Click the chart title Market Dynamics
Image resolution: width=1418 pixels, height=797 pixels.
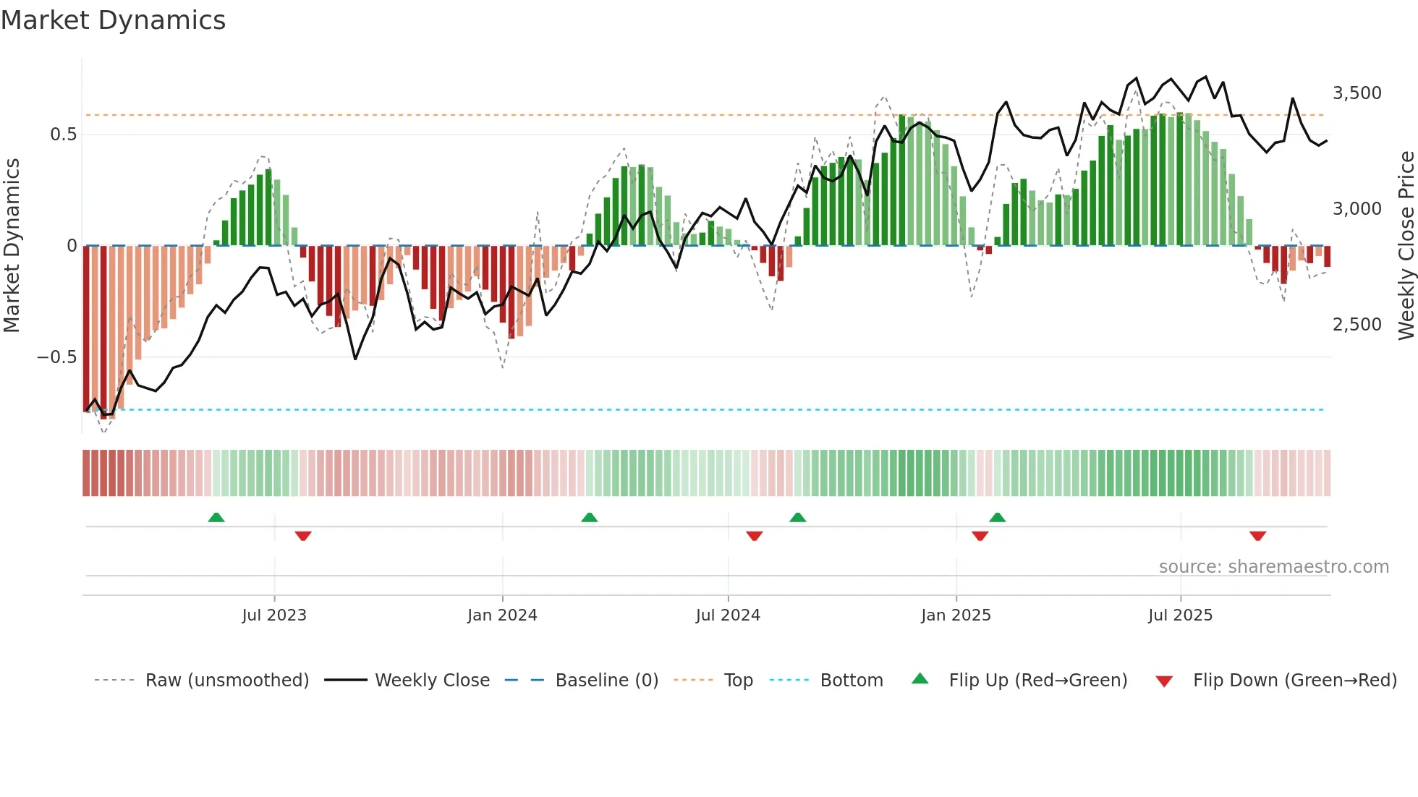(x=113, y=20)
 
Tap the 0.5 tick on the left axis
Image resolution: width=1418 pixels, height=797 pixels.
(x=63, y=135)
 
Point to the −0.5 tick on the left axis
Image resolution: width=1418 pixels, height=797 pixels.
(x=56, y=357)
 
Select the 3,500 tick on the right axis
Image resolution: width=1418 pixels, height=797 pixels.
(x=1357, y=93)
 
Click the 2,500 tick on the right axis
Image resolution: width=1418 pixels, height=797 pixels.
(x=1357, y=325)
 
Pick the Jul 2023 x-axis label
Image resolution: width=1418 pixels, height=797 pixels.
(x=274, y=615)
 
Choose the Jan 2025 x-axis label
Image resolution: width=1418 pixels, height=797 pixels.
(x=956, y=615)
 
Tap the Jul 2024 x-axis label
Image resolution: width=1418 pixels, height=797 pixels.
(x=728, y=615)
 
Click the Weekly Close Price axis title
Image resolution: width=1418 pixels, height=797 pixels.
(x=1406, y=245)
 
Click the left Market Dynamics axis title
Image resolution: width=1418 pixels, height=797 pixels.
(x=12, y=245)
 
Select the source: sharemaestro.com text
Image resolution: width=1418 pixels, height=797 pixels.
(x=1273, y=567)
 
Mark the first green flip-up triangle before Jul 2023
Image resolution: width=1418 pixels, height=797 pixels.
(x=216, y=517)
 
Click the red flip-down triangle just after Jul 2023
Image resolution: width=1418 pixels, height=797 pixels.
(x=303, y=536)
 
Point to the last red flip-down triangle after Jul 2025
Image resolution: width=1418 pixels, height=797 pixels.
(x=1257, y=536)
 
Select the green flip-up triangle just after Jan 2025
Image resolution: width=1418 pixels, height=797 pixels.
(x=997, y=517)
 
